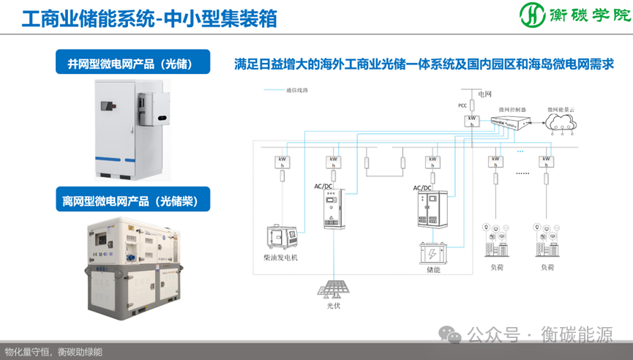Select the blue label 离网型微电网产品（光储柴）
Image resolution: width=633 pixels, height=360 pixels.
(x=132, y=200)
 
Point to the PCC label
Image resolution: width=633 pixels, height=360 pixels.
(x=462, y=105)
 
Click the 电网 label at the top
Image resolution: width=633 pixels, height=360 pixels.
(x=485, y=94)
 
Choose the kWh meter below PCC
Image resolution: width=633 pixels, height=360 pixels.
(x=473, y=121)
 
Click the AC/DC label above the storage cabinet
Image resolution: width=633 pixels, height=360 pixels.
(x=423, y=188)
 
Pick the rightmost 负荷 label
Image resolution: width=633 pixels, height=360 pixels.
(x=547, y=267)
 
